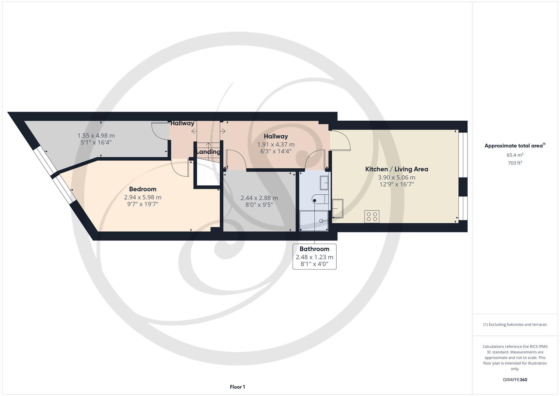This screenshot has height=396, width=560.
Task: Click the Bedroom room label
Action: [x=143, y=189]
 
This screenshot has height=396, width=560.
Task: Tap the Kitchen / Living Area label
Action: [x=396, y=169]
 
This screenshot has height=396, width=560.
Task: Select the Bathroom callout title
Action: [x=314, y=249]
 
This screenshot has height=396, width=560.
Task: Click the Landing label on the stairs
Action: [x=208, y=152]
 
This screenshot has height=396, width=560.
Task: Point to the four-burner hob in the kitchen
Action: [x=372, y=216]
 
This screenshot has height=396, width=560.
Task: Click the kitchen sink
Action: [x=337, y=209]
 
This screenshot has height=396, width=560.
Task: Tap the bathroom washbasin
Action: [x=324, y=183]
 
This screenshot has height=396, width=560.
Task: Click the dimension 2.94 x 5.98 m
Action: [x=143, y=197]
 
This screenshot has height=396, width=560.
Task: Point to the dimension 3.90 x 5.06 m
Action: [x=396, y=177]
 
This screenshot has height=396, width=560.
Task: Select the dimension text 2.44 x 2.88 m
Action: [x=259, y=198]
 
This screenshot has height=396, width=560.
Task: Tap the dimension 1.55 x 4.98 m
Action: [x=96, y=136]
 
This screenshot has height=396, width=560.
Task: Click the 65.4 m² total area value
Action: [x=515, y=155]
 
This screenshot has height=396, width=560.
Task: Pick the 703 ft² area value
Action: [x=515, y=163]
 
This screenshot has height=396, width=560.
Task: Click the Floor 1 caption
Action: [x=237, y=387]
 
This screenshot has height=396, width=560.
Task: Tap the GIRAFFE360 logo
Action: [x=515, y=379]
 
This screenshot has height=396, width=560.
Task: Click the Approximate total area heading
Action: [x=515, y=146]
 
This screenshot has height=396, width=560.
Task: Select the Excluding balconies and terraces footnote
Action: [x=515, y=324]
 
